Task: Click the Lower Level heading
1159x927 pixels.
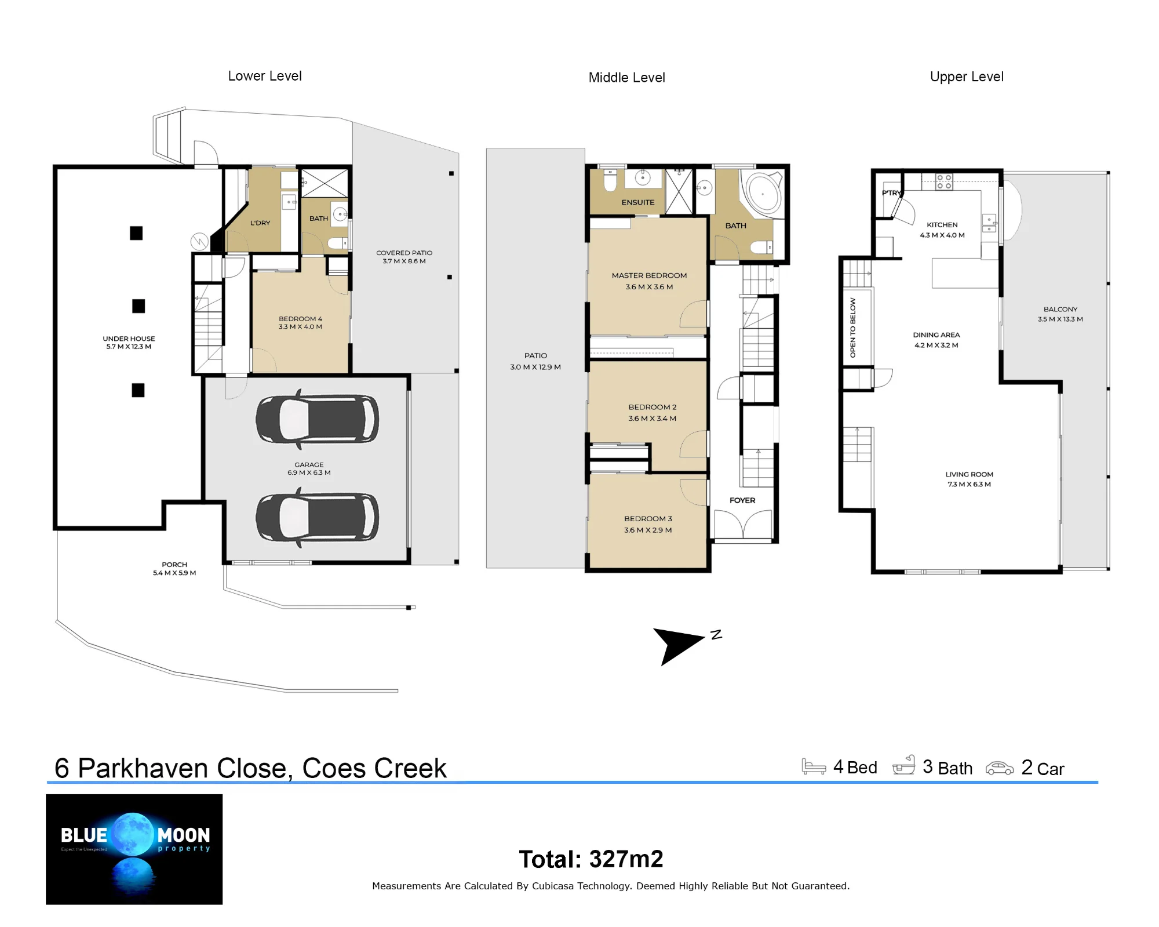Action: (265, 76)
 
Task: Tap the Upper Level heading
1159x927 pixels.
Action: (967, 77)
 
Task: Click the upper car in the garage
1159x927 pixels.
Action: (318, 419)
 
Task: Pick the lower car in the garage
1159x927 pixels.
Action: (318, 517)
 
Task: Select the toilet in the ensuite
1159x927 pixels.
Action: (610, 181)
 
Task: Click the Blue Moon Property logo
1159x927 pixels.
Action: (134, 849)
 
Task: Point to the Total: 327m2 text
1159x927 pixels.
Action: (591, 859)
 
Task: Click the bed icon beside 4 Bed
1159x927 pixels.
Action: (814, 766)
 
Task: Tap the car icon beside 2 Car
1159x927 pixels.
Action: (1000, 768)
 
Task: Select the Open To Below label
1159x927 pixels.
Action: (852, 328)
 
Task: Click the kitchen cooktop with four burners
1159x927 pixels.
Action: (944, 182)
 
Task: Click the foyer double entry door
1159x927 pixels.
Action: (743, 525)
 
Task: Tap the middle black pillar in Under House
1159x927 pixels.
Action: (139, 306)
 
